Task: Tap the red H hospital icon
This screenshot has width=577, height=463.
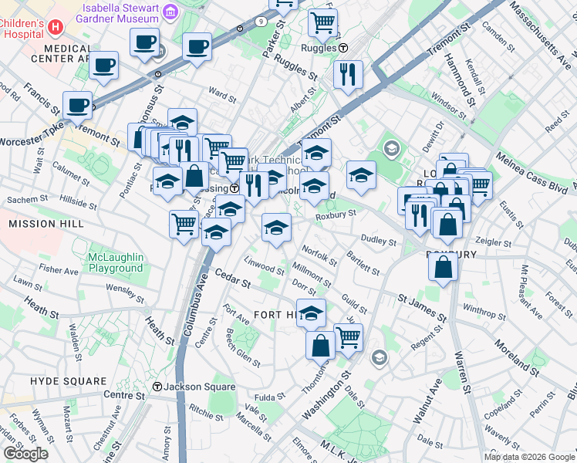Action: pos(54,27)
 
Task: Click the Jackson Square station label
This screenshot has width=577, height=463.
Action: pos(189,387)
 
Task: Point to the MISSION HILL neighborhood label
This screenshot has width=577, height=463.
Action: pos(43,224)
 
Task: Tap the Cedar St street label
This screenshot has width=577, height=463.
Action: pos(233,279)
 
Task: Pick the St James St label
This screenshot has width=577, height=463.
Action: pos(422,307)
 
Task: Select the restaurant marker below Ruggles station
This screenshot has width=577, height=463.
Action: pos(349,75)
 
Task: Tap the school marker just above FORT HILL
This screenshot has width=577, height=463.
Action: pos(311,313)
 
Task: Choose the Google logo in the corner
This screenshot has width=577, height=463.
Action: pos(25,453)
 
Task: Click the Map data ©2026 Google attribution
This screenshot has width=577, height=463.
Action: pos(528,457)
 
